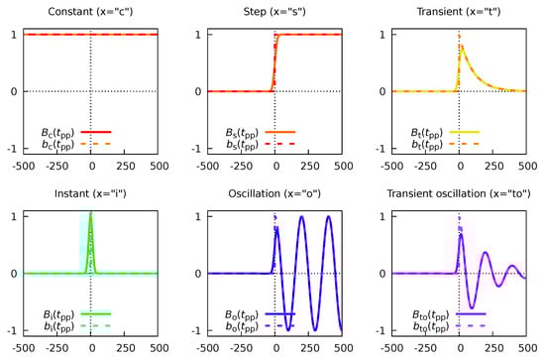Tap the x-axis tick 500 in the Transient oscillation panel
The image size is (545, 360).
526,349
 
